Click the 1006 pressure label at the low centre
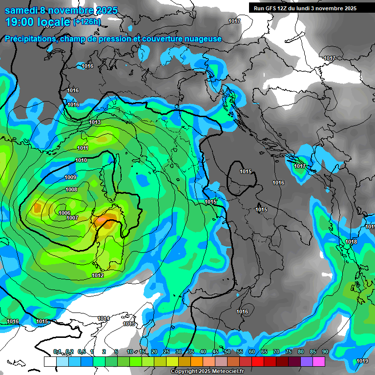(64, 213)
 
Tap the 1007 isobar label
(73, 218)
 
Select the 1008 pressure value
(71, 189)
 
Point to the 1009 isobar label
(70, 177)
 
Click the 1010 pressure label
(81, 160)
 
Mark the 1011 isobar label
(83, 148)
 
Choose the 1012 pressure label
(98, 275)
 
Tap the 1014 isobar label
(104, 318)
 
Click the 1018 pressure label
(351, 242)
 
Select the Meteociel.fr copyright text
(225, 372)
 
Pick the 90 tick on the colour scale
(325, 352)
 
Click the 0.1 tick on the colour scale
(57, 352)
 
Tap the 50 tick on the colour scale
(228, 352)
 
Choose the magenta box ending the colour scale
(319, 361)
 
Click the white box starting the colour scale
(50, 361)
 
